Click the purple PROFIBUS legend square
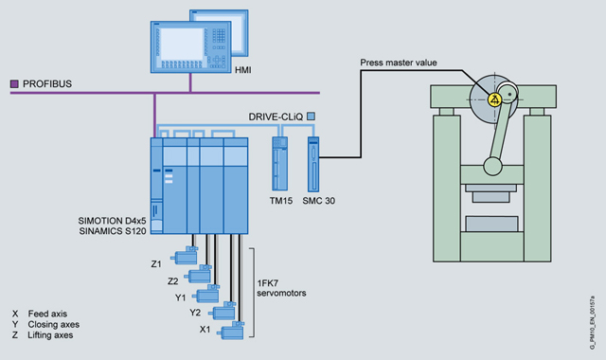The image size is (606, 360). tap(14, 84)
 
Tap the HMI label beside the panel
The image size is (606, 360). tap(243, 70)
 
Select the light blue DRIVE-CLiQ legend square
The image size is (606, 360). tap(311, 116)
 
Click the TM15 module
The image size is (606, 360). tap(280, 164)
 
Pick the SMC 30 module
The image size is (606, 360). tap(313, 164)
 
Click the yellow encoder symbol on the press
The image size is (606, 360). tap(494, 99)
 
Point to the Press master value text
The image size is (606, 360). tap(399, 63)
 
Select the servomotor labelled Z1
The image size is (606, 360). tap(185, 255)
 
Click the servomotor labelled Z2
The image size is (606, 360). tap(198, 274)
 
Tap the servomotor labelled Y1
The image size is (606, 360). tap(206, 294)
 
